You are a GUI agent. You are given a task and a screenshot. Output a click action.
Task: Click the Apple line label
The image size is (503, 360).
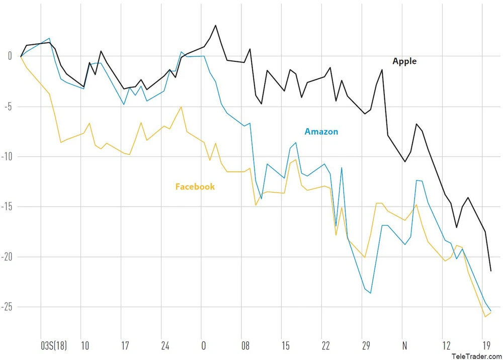click(x=404, y=61)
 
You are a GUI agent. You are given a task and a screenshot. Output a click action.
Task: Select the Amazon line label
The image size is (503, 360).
click(x=321, y=132)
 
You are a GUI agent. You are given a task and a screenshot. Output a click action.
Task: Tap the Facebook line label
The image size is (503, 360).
click(x=195, y=187)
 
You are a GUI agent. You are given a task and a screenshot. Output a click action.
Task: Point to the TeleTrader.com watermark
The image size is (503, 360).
click(x=476, y=356)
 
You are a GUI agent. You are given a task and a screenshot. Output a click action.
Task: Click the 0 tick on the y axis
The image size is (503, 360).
click(x=9, y=56)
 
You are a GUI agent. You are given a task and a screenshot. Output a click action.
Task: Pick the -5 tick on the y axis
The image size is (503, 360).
click(x=7, y=107)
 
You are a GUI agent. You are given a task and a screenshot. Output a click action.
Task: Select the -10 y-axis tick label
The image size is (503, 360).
click(x=6, y=156)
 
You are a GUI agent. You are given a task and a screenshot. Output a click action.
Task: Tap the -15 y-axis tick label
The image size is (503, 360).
click(x=6, y=207)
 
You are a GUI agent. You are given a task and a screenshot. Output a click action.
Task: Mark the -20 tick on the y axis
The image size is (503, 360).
click(x=6, y=257)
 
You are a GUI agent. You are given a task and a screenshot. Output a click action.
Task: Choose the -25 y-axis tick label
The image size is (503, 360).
click(x=6, y=307)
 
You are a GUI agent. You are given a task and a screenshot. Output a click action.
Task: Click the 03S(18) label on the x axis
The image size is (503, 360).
click(x=53, y=346)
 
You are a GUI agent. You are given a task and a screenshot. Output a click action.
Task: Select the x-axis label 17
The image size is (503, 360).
click(x=125, y=346)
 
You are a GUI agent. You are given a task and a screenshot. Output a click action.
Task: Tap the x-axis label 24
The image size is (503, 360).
click(x=165, y=346)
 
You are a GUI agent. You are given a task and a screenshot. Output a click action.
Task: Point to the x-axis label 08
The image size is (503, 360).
click(x=245, y=346)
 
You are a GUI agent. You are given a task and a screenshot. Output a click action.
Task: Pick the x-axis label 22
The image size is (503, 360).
click(x=326, y=346)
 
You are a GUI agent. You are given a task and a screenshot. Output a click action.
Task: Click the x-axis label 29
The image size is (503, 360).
click(x=366, y=346)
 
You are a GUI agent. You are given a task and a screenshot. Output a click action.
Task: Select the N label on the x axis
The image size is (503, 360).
click(x=405, y=346)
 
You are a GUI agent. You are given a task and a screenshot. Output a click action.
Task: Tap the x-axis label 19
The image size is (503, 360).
click(x=486, y=346)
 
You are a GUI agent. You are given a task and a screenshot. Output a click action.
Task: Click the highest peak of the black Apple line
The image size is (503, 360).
click(x=215, y=25)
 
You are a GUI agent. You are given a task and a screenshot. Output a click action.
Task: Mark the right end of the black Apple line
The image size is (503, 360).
click(x=491, y=272)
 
